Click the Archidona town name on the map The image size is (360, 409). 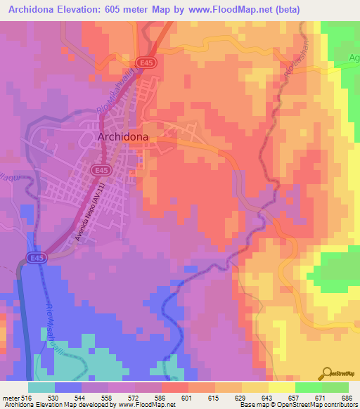(x=123, y=138)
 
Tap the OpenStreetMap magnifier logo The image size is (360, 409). (x=327, y=373)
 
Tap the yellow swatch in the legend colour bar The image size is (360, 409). (x=281, y=387)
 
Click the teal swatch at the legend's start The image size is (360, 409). (x=41, y=387)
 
